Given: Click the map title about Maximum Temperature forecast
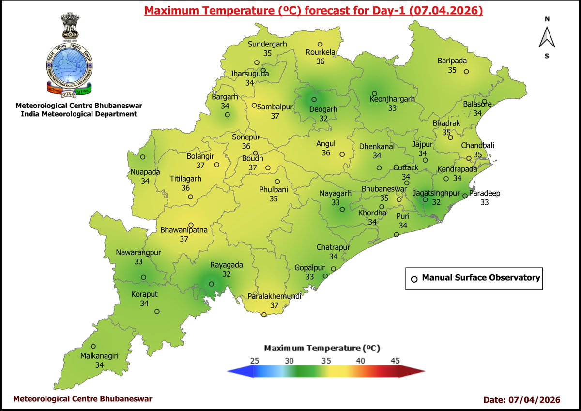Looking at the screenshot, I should coord(314,10).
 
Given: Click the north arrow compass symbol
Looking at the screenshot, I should coord(547,37).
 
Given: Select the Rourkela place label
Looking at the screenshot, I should coord(320,53).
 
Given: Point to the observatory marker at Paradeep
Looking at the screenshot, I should coord(464,196).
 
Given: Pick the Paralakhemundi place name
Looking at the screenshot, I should coord(275,296).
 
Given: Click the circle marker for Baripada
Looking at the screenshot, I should coord(466,72).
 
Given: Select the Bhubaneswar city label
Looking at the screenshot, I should coord(384,189).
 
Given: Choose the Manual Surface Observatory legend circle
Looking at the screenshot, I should coord(414,279).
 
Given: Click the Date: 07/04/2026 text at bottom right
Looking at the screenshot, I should coord(521,400).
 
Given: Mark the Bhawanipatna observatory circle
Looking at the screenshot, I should coord(191,225).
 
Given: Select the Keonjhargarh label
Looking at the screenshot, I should coord(392,99).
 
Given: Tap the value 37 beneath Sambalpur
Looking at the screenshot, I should coord(275,116).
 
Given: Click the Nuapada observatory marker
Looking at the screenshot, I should coord(143,157).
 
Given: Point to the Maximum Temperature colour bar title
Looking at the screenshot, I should coord(321,348).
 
